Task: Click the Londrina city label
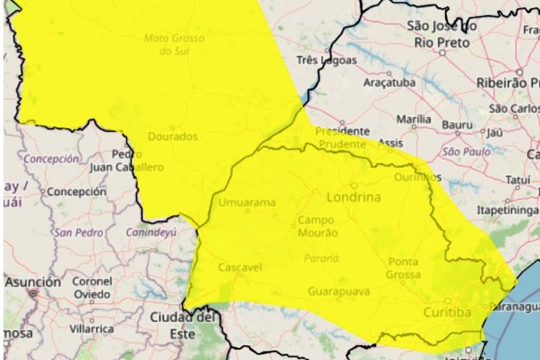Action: [x=353, y=197]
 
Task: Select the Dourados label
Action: [x=173, y=137]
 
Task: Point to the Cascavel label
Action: [x=239, y=267]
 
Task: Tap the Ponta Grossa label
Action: [x=404, y=268]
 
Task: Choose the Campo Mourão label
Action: [x=317, y=226]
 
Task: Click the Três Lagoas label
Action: [x=327, y=60]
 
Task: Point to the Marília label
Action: [x=413, y=120]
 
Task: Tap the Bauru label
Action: [x=457, y=124]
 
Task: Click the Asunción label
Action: [x=34, y=282]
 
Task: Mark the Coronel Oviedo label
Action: [x=91, y=288]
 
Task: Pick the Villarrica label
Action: [x=93, y=329]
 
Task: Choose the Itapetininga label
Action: [x=508, y=211]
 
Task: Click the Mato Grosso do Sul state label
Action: [x=174, y=44]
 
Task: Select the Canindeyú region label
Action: [x=151, y=232]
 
